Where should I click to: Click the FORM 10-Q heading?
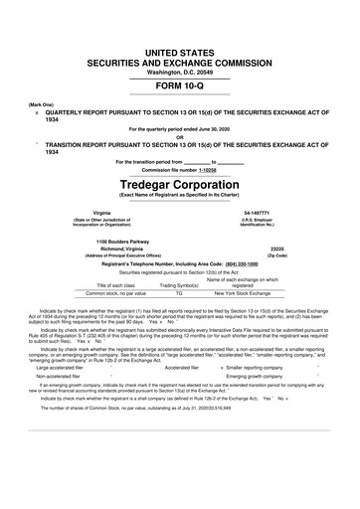coord(180,85)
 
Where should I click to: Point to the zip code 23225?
coord(278,250)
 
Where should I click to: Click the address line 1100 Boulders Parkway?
coord(122,241)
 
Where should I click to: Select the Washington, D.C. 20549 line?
coord(180,72)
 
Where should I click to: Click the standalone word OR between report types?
coord(180,137)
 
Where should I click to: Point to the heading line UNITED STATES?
coord(180,49)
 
